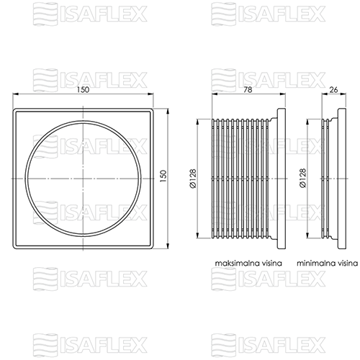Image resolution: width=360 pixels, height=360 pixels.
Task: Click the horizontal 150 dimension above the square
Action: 83,90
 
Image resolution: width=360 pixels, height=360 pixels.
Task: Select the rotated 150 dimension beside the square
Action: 163,176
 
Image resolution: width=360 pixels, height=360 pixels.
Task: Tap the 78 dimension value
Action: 248,90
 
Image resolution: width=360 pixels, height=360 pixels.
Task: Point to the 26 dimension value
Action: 333,90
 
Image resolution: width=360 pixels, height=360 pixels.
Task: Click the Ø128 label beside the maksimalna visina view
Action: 193,179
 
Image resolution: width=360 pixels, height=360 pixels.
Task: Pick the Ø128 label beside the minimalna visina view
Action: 303,178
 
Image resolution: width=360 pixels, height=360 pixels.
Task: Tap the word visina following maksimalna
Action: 271,263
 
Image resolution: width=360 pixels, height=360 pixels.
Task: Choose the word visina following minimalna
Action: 348,263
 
